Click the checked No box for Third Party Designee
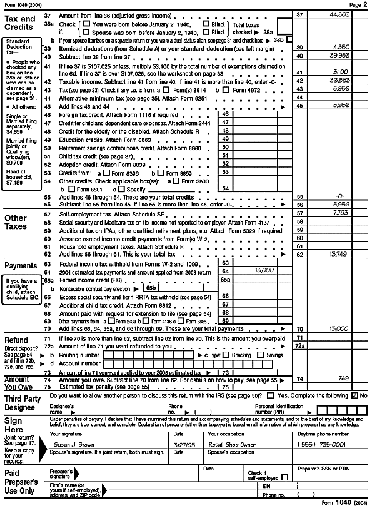click(355, 395)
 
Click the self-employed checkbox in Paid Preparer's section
click(284, 477)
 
